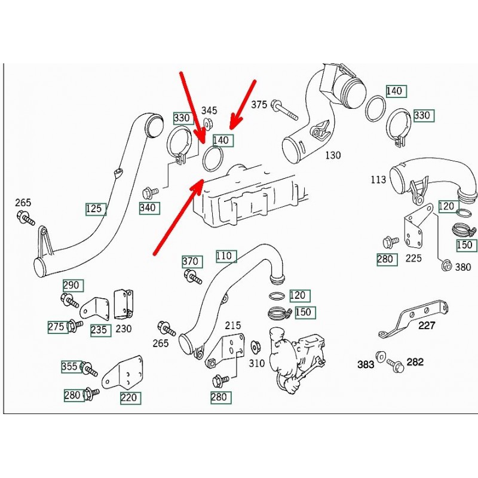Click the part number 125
(96, 209)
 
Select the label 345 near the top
(209, 111)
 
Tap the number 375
(259, 105)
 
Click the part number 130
(332, 155)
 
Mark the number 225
(413, 258)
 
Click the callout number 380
(463, 267)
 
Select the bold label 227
(427, 326)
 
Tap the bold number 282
(415, 362)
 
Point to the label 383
(366, 364)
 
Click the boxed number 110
(223, 256)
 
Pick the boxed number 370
(191, 261)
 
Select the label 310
(256, 362)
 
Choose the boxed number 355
(70, 366)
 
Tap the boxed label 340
(148, 208)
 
